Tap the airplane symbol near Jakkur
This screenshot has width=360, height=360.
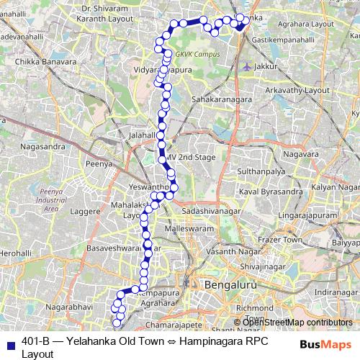[x=248, y=67]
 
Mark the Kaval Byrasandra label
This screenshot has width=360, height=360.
[x=270, y=193]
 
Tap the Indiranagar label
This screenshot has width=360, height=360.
[x=329, y=292]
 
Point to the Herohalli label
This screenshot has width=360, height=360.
[x=14, y=253]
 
